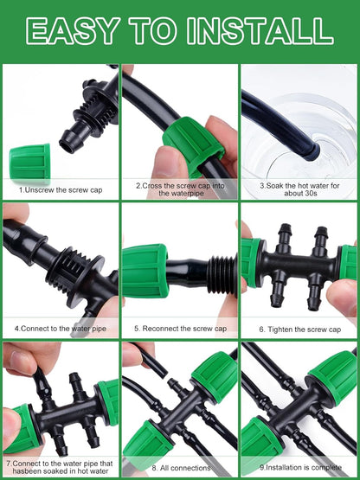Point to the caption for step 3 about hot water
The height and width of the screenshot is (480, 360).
(x=299, y=189)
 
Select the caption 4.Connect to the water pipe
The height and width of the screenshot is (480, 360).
(x=60, y=329)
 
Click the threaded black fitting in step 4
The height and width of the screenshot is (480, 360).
(x=74, y=263)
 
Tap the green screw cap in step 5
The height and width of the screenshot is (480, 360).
(x=145, y=270)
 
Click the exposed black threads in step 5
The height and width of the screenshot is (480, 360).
(x=222, y=274)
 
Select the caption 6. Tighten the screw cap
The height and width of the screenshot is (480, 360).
(x=299, y=329)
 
